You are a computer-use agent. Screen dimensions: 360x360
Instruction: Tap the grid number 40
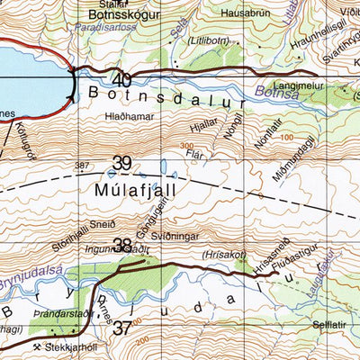click(x=123, y=79)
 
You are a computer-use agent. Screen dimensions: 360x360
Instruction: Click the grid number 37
click(x=122, y=328)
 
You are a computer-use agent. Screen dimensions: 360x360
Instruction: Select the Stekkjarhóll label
click(x=73, y=347)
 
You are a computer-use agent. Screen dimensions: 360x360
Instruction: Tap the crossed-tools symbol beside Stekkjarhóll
click(x=36, y=347)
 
